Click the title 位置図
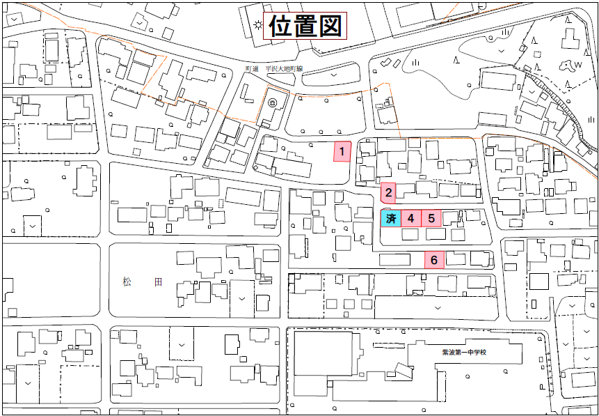click(305, 27)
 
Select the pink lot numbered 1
click(342, 151)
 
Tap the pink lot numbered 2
click(389, 192)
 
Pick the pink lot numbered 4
click(411, 218)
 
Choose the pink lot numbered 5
click(432, 218)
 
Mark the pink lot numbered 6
click(434, 260)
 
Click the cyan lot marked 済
click(390, 218)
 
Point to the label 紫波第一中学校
click(463, 352)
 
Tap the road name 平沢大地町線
click(278, 70)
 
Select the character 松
click(127, 282)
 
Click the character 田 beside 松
click(159, 282)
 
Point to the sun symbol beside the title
click(259, 26)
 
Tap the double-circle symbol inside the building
click(273, 102)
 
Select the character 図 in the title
click(331, 27)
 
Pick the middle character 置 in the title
click(305, 27)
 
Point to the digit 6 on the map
click(434, 260)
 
